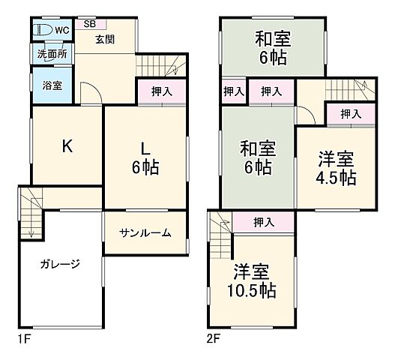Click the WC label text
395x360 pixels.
tap(61, 30)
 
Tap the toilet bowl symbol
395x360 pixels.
tap(43, 31)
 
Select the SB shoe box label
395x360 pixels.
tap(90, 23)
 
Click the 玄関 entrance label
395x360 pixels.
tap(103, 39)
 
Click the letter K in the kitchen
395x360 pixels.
tap(67, 146)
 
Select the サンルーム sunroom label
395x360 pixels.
tap(145, 232)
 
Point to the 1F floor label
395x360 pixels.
tap(26, 339)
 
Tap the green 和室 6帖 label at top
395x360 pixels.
tap(274, 46)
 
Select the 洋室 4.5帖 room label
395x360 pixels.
tap(335, 168)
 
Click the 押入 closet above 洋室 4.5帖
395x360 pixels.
tap(351, 114)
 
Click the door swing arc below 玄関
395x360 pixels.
tap(88, 95)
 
